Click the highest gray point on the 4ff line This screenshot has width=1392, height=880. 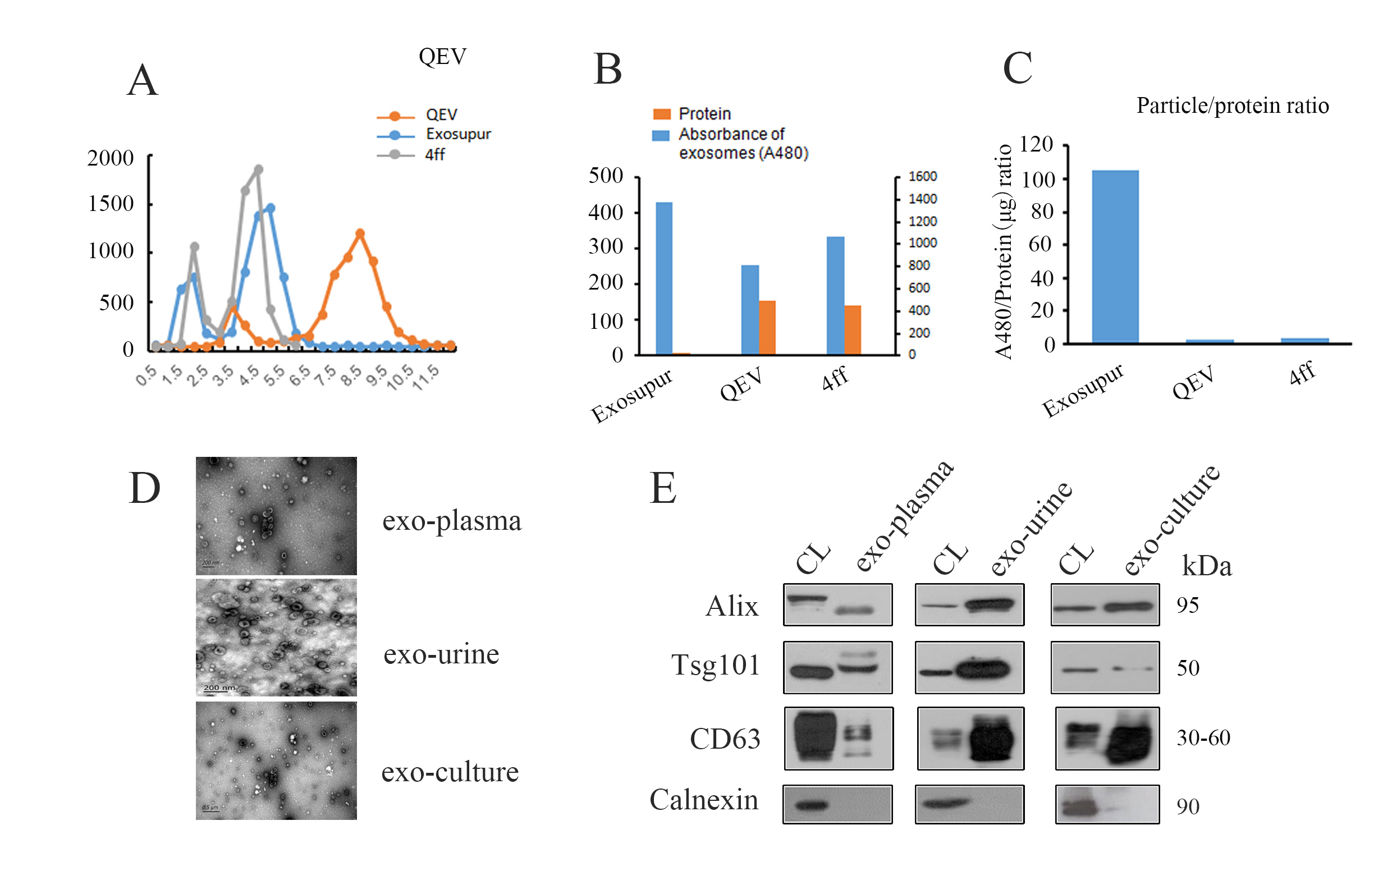(258, 169)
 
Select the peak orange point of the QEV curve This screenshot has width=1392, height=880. (360, 233)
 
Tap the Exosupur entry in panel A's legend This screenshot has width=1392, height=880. (457, 134)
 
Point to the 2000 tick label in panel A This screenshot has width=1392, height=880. (111, 158)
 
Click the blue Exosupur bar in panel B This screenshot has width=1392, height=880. (664, 278)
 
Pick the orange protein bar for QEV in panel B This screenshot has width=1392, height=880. (767, 327)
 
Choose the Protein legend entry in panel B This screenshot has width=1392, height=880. (704, 114)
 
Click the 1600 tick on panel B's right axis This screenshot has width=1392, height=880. (922, 176)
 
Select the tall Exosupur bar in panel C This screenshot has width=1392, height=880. (1115, 256)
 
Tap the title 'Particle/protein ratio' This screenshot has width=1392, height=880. (1232, 106)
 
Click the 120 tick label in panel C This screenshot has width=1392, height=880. (1036, 144)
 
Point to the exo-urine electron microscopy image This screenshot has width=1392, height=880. (276, 638)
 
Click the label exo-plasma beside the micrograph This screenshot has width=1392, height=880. (451, 521)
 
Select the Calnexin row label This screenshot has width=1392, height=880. (703, 800)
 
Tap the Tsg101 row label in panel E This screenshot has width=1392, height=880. (715, 665)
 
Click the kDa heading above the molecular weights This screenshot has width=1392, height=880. (1206, 566)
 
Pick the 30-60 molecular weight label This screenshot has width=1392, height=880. (1203, 738)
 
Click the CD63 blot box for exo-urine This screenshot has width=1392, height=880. (970, 739)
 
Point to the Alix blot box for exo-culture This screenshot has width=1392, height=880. (1105, 605)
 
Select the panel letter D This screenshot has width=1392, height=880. (144, 489)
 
